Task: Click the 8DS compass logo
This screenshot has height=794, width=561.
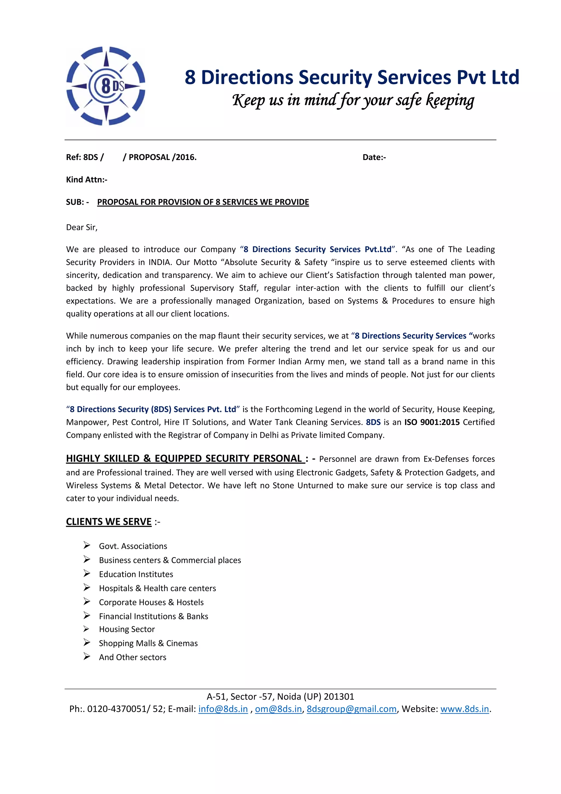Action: [x=106, y=86]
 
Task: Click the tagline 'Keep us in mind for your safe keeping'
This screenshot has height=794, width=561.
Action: [x=353, y=100]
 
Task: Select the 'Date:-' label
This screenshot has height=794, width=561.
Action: [x=374, y=157]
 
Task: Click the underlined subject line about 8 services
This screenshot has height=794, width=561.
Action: [x=203, y=202]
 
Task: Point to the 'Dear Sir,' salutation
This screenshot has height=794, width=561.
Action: [x=82, y=227]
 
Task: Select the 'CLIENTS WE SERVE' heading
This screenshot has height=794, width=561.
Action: [x=109, y=522]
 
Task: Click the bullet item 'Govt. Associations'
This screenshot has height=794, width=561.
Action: [x=133, y=546]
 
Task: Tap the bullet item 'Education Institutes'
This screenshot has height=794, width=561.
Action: [x=136, y=574]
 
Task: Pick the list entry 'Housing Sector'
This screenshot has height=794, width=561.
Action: [x=127, y=629]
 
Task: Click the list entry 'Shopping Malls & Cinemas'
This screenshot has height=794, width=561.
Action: [x=148, y=643]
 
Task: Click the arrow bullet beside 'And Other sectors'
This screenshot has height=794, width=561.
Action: [x=87, y=656]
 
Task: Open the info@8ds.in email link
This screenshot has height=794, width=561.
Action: [x=223, y=709]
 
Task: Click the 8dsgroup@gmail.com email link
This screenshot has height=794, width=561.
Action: [x=351, y=709]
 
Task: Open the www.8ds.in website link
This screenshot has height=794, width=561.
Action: [x=464, y=709]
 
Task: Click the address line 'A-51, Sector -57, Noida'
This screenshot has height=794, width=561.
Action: [x=280, y=696]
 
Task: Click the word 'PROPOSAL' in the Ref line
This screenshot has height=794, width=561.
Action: [x=149, y=157]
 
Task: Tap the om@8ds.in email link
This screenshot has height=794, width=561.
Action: [x=278, y=709]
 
